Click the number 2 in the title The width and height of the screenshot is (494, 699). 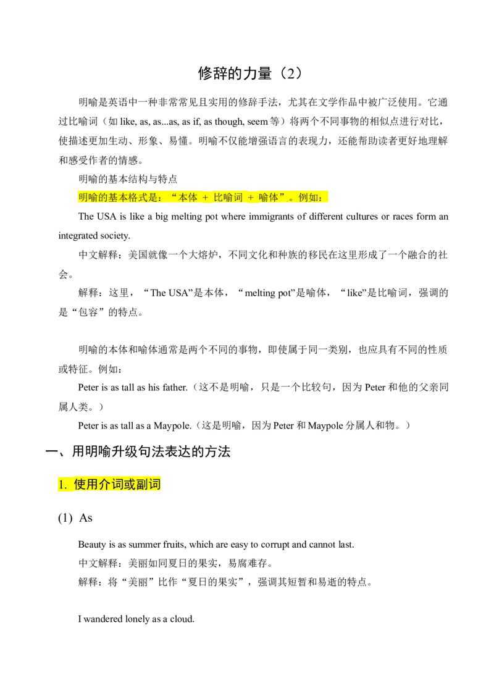pyautogui.click(x=291, y=73)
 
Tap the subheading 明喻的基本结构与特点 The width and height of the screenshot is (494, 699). pyautogui.click(x=128, y=179)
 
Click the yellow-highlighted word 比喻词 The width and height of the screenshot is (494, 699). pyautogui.click(x=228, y=198)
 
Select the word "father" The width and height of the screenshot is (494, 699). pyautogui.click(x=174, y=387)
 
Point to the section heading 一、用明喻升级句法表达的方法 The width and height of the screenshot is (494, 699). pyautogui.click(x=138, y=451)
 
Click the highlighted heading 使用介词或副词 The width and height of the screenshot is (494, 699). pyautogui.click(x=117, y=484)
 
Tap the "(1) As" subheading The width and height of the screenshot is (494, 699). pyautogui.click(x=75, y=518)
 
